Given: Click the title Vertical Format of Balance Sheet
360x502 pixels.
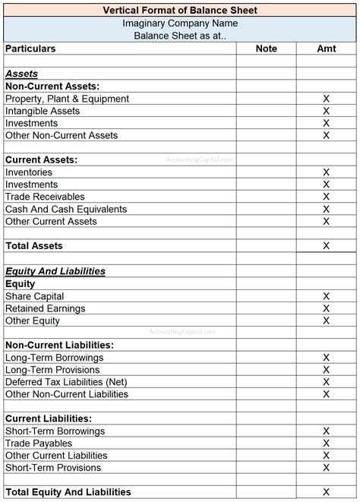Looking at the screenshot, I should (180, 10).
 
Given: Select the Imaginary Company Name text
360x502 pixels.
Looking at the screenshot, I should (180, 23).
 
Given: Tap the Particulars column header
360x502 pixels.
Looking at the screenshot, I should (30, 49).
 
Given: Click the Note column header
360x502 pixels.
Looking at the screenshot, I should (266, 49).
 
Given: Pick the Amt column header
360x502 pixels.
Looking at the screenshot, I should (327, 49).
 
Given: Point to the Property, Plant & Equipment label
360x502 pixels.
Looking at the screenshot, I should (67, 99).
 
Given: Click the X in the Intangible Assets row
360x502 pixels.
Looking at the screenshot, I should (327, 111).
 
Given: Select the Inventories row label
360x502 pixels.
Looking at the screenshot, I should (29, 172).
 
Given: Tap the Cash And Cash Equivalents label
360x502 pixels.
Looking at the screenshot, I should (66, 209).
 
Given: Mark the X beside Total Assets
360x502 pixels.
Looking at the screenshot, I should (327, 246).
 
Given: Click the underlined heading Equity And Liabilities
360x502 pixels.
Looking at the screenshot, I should (55, 271).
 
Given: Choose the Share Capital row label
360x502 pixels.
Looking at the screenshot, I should (34, 296).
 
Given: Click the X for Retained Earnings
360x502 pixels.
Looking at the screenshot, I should (327, 308).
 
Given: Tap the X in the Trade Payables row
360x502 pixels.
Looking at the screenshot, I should (327, 444).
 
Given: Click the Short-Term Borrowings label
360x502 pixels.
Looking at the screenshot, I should (55, 431).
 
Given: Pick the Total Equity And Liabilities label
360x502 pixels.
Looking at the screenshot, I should (68, 492).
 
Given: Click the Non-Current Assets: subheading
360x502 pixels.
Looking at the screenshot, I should (52, 87).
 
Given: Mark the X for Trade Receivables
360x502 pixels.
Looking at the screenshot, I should (327, 197).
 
